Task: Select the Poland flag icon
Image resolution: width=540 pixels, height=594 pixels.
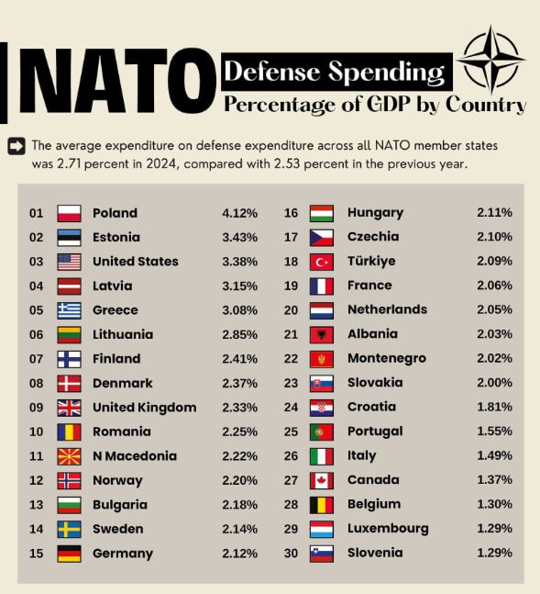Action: (70, 213)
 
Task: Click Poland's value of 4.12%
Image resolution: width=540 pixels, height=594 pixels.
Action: (239, 213)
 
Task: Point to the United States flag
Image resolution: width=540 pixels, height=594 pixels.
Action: (70, 262)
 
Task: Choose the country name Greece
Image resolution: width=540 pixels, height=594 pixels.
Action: (116, 310)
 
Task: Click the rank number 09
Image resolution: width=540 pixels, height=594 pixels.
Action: (36, 408)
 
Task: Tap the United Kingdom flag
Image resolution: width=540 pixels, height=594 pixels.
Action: (70, 408)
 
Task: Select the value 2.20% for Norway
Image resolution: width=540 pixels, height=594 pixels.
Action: (239, 480)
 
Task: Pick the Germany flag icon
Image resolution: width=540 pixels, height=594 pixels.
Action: (70, 554)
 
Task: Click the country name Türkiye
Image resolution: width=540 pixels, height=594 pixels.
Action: (371, 262)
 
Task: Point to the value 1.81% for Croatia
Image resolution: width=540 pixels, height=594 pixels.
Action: (494, 407)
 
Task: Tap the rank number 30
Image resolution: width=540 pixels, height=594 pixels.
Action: (292, 553)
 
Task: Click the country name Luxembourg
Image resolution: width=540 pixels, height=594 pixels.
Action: (388, 529)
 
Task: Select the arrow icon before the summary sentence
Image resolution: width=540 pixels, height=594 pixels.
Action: (16, 145)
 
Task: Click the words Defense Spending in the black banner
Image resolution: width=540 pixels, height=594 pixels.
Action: (335, 71)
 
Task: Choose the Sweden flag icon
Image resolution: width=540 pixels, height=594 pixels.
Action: (70, 529)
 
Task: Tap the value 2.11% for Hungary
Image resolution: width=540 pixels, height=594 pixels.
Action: (494, 213)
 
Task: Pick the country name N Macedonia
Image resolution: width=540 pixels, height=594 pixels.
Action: (135, 456)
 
